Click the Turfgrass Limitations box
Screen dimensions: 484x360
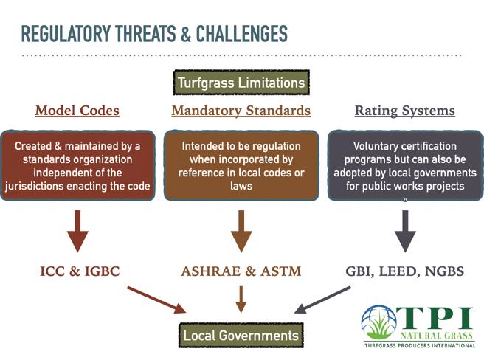(241, 83)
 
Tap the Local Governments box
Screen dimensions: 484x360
(241, 336)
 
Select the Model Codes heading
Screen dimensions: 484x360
(77, 111)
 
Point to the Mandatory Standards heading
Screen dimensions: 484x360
(241, 111)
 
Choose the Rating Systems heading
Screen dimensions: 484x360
(404, 111)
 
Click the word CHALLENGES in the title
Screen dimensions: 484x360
(242, 34)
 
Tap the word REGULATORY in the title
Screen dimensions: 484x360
(66, 34)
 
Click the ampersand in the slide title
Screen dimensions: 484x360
(186, 34)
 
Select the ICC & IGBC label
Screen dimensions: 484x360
(80, 271)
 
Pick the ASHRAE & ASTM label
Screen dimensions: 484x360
(241, 271)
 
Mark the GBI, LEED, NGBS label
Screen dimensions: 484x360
(404, 271)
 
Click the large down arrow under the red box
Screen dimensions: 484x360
(77, 231)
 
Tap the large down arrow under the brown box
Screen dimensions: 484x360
(241, 231)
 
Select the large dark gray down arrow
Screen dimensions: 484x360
(405, 231)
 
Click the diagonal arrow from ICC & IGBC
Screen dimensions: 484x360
(156, 300)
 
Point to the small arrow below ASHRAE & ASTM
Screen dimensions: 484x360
(241, 300)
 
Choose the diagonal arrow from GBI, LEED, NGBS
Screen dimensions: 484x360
(322, 300)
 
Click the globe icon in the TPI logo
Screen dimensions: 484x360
(378, 322)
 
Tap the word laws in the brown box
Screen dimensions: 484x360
(241, 186)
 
